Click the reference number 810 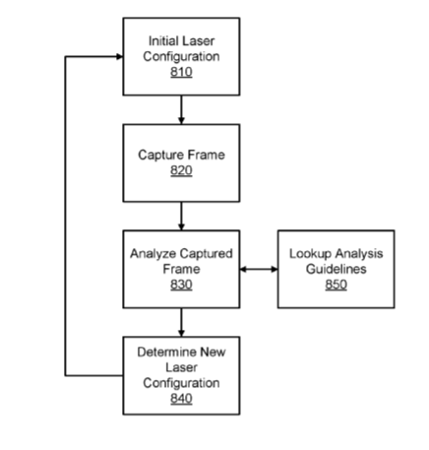point(181,72)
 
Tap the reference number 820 point(181,170)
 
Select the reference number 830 point(181,285)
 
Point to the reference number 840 point(181,399)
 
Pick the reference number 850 point(337,285)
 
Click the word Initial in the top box point(162,41)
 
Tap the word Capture point(158,155)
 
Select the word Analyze point(153,254)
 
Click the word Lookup point(310,254)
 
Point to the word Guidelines point(337,269)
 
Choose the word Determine point(167,353)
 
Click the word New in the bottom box point(213,353)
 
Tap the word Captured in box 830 point(207,254)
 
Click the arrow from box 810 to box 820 point(181,109)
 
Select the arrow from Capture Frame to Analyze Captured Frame point(181,216)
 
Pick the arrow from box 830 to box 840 point(181,322)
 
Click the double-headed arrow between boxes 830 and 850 point(259,270)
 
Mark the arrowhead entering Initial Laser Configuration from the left point(119,57)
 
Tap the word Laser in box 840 point(181,367)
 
